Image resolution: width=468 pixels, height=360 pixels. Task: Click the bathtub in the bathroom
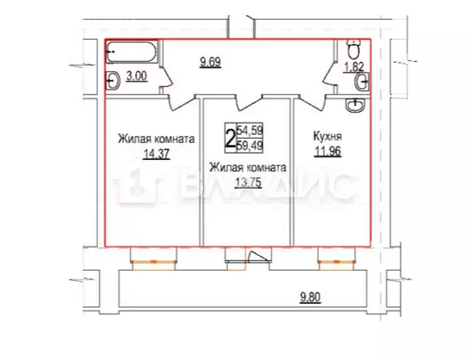coord(131,53)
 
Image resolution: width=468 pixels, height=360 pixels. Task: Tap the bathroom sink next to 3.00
coord(114,80)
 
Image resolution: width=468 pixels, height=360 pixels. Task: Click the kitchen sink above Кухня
coord(358,105)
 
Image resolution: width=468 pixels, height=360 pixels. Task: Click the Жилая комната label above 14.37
coord(156,138)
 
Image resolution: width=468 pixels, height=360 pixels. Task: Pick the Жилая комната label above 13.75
coord(247,167)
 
